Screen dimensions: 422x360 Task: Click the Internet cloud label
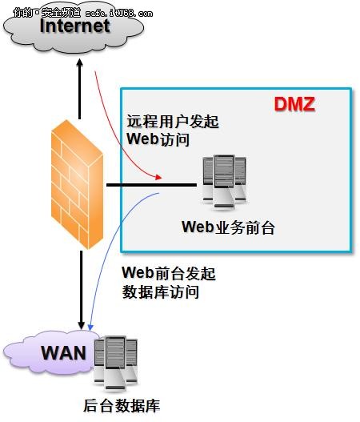74,26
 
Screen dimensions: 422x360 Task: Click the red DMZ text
295,104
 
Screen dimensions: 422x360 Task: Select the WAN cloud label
63,352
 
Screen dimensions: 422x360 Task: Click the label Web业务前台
227,227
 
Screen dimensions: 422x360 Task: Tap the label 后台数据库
122,405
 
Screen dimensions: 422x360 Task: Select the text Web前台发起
167,274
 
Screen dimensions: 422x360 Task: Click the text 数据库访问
160,292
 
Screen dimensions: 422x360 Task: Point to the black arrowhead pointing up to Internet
80,66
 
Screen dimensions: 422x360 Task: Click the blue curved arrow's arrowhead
91,328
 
